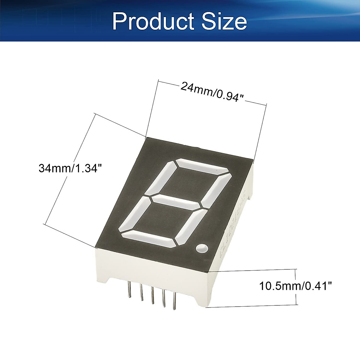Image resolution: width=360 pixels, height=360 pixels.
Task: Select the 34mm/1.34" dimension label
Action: coord(68,168)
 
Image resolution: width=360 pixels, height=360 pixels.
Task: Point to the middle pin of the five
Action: coord(152,295)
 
